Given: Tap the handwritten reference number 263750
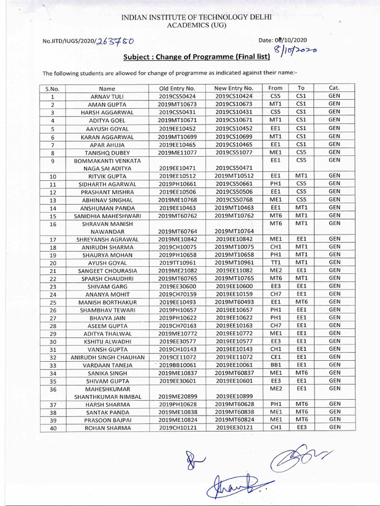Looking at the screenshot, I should [x=115, y=41].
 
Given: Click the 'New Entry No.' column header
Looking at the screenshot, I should [x=234, y=88].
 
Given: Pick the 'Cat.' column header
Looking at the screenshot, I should [x=334, y=88].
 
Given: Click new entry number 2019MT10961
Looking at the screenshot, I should [x=234, y=263].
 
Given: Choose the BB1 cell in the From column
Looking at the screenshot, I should [x=276, y=365].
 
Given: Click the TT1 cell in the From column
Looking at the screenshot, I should [x=276, y=262].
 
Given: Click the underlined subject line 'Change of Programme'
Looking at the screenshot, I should [x=196, y=57].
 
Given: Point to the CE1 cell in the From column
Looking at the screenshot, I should [x=276, y=357].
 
